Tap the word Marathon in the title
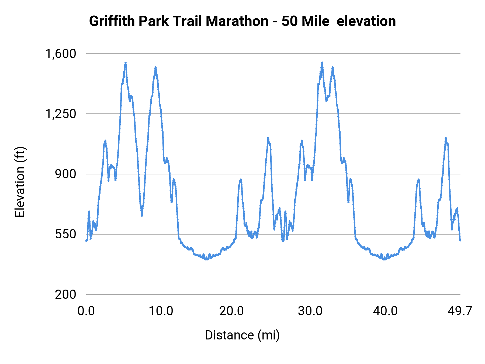237,21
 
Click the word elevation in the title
366,21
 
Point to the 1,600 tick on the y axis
61,54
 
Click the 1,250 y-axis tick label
61,114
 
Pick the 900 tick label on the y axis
65,174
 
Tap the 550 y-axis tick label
65,234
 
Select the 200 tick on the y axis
65,294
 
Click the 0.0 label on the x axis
86,311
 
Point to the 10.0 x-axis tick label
161,311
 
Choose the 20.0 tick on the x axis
231,311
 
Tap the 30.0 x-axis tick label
310,311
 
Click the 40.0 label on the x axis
385,311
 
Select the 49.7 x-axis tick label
460,311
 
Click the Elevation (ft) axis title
20,182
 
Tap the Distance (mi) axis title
242,335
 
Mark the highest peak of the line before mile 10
125,63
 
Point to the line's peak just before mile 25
268,138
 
